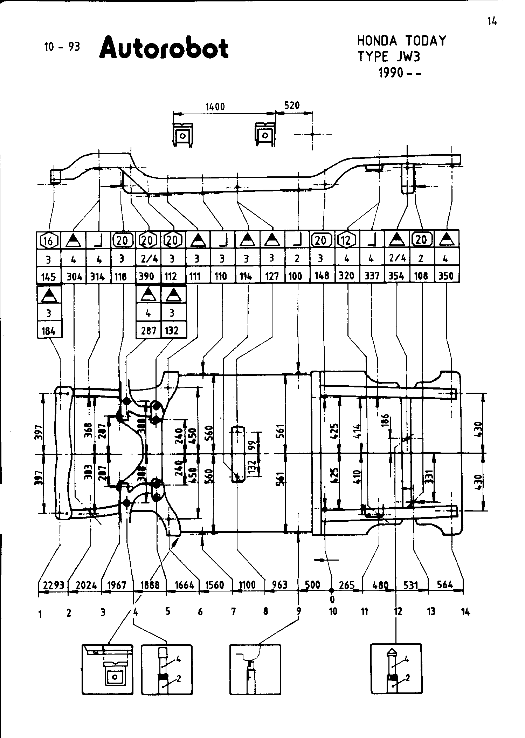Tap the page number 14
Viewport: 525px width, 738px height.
pos(492,22)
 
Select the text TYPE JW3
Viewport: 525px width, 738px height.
pos(388,57)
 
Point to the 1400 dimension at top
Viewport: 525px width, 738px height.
pos(215,107)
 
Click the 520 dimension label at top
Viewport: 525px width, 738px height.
pos(292,105)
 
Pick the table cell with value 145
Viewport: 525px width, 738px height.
pos(48,277)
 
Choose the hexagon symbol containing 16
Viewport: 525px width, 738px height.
pos(48,241)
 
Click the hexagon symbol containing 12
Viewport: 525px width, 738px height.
pos(347,241)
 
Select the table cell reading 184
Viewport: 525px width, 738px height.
pos(49,331)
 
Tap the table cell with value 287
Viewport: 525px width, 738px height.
pos(148,331)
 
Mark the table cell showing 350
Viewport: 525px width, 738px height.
pos(446,276)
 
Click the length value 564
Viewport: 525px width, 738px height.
pos(445,584)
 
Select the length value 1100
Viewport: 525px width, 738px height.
pos(247,585)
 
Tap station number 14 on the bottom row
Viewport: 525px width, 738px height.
pos(465,612)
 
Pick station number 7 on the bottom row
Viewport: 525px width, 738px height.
pos(233,612)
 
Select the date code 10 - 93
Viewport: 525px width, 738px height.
pos(62,47)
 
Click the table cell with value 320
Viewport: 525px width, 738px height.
pos(347,276)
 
